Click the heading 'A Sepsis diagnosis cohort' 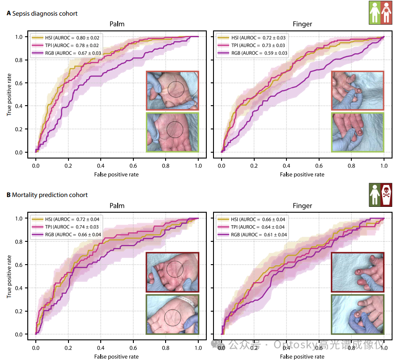[x=42, y=13]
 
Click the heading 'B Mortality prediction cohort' [x=47, y=195]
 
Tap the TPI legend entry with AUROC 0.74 [x=67, y=227]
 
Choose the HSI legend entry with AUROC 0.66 [x=252, y=219]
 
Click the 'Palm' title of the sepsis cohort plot [x=117, y=24]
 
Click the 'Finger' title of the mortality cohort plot [x=303, y=206]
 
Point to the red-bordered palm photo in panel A [x=172, y=90]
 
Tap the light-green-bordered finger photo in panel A [x=358, y=132]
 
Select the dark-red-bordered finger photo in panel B [x=358, y=272]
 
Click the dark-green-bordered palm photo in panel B [x=172, y=313]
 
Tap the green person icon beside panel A [x=374, y=12]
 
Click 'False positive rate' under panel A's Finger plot [x=303, y=174]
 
